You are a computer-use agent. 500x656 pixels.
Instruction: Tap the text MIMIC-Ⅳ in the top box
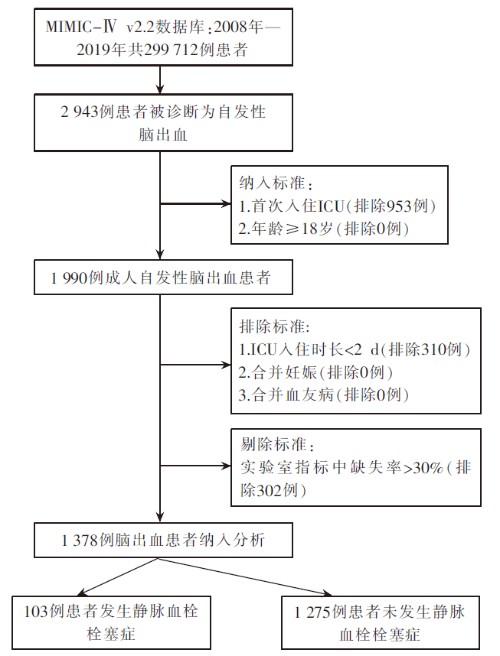pos(81,28)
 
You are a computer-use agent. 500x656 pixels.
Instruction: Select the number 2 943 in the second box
pos(79,112)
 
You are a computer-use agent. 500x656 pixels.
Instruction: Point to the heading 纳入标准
pos(272,183)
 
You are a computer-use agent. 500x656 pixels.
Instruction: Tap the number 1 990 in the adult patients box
pos(68,278)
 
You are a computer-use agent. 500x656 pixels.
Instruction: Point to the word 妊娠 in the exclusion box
pos(301,372)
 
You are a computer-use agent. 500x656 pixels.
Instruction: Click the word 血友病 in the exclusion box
pos(309,395)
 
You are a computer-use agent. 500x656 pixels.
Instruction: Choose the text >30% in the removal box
pos(423,467)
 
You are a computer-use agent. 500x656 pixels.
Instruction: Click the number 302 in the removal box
pos(269,490)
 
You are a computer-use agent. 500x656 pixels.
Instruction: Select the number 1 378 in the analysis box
pos(80,540)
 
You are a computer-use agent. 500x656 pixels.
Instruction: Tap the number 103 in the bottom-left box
pos(36,612)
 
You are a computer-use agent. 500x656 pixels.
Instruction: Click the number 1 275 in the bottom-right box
pos(312,612)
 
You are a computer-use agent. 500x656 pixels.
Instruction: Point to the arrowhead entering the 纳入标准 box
pos(227,204)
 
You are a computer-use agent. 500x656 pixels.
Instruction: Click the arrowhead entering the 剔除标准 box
pos(227,466)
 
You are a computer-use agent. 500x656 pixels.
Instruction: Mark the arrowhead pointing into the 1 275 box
pos(327,593)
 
